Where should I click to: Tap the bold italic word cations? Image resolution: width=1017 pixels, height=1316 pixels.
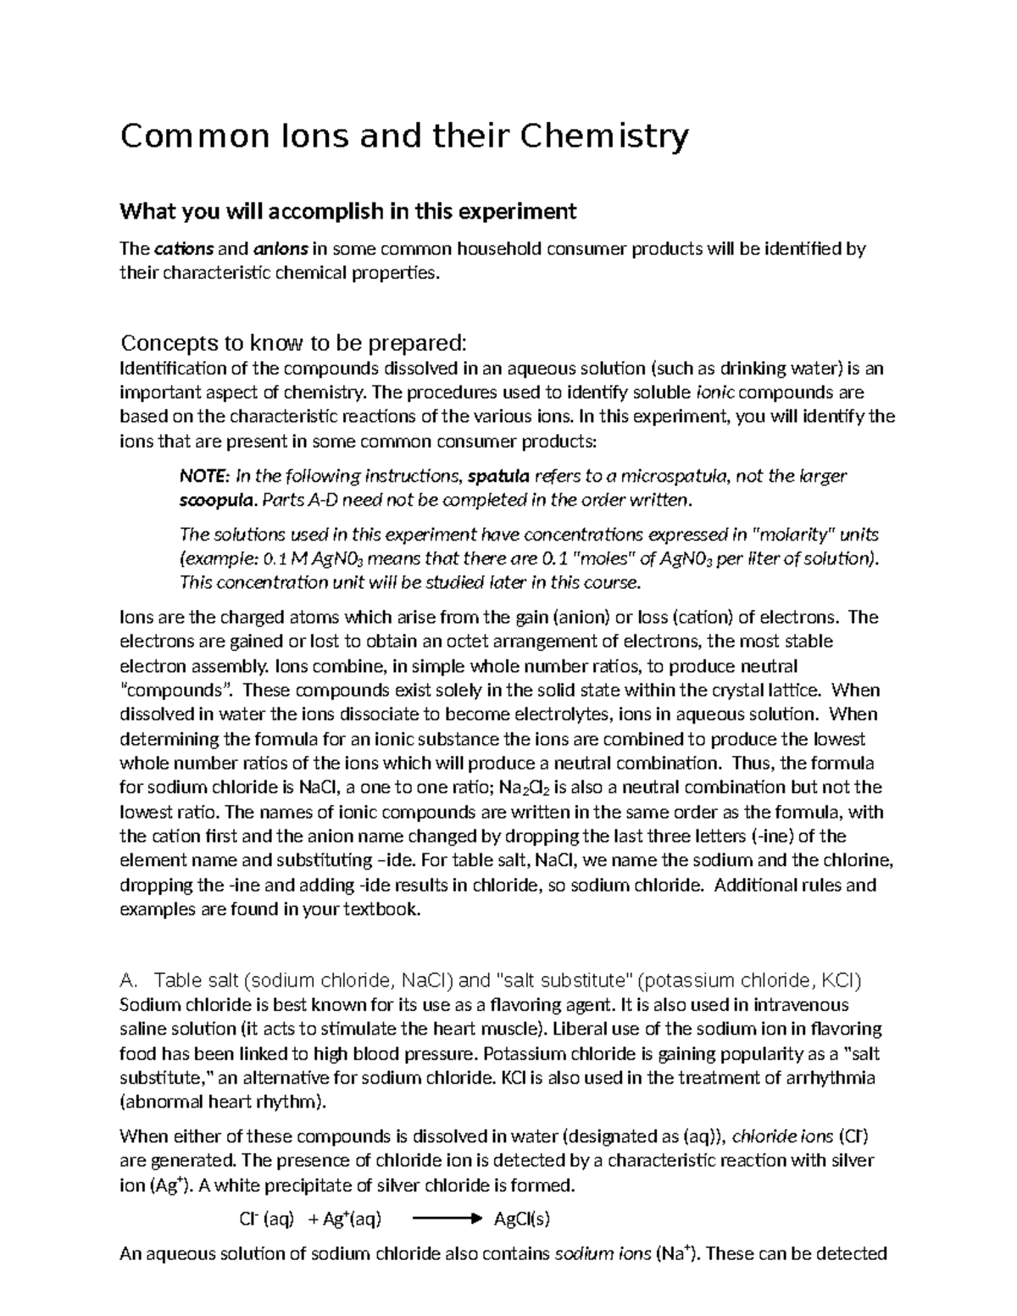184,250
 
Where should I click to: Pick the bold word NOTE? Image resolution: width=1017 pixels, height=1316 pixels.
204,476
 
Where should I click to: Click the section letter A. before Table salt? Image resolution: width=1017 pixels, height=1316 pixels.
129,981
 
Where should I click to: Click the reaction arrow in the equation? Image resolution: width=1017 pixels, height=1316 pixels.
445,1220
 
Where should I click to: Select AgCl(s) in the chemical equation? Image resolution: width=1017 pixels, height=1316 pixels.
522,1220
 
